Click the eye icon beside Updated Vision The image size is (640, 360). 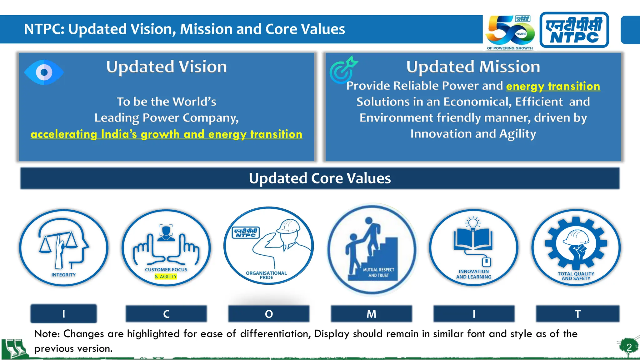(x=44, y=72)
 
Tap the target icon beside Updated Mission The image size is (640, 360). (x=343, y=70)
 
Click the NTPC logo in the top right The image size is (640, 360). (x=574, y=30)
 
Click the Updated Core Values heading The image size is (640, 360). (x=320, y=178)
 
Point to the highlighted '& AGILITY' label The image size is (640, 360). (x=166, y=277)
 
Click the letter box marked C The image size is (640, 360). (x=166, y=314)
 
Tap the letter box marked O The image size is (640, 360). (x=269, y=314)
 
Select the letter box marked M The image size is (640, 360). (x=371, y=314)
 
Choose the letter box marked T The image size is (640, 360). (x=577, y=314)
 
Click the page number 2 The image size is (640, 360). (x=629, y=347)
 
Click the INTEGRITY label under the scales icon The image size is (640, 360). (x=63, y=275)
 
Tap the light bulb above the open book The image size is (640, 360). (x=473, y=223)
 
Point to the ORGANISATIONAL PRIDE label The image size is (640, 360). (x=266, y=275)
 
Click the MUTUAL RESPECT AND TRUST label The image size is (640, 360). (x=378, y=272)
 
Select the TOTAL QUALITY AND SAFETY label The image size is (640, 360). (x=576, y=276)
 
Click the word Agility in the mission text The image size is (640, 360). (x=517, y=134)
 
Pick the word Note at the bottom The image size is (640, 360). (x=47, y=334)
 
